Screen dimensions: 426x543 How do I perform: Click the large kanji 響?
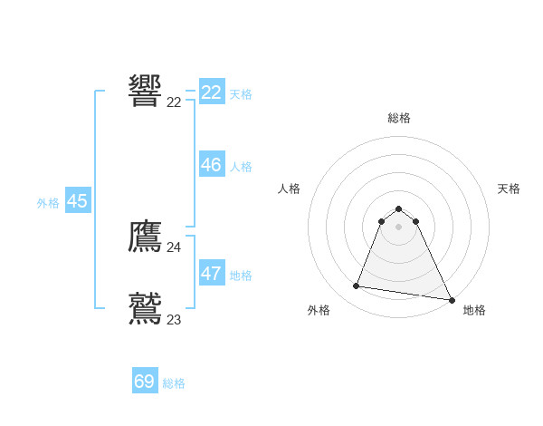pyautogui.click(x=146, y=91)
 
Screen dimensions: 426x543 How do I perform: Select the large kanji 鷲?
pyautogui.click(x=146, y=308)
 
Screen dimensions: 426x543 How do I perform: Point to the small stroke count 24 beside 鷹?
pyautogui.click(x=174, y=247)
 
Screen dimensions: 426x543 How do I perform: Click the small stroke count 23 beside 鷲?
pyautogui.click(x=174, y=320)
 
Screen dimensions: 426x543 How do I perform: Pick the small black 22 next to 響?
pyautogui.click(x=174, y=102)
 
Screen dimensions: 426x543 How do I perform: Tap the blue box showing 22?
pyautogui.click(x=212, y=92)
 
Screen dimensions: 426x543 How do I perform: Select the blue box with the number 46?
pyautogui.click(x=212, y=165)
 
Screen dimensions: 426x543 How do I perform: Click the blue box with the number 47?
pyautogui.click(x=212, y=274)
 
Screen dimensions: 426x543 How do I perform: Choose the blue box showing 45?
pyautogui.click(x=77, y=201)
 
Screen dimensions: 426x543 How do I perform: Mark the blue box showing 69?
pyautogui.click(x=145, y=382)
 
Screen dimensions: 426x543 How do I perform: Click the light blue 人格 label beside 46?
pyautogui.click(x=241, y=167)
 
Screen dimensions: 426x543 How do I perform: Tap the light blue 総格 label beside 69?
pyautogui.click(x=174, y=383)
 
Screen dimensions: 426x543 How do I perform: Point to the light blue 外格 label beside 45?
pyautogui.click(x=48, y=204)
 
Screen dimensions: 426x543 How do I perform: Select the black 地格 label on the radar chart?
pyautogui.click(x=474, y=310)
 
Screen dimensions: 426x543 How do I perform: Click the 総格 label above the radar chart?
pyautogui.click(x=399, y=118)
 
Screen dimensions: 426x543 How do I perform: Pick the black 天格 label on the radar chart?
pyautogui.click(x=509, y=189)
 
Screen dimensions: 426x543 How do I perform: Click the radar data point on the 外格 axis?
pyautogui.click(x=357, y=286)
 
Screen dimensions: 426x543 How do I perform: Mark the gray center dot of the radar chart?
pyautogui.click(x=398, y=227)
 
